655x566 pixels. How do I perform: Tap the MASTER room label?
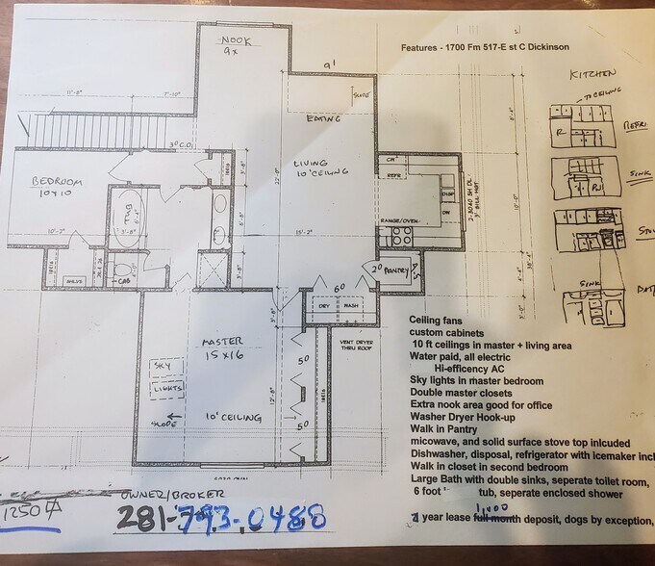221,341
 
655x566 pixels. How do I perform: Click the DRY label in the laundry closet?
322,306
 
